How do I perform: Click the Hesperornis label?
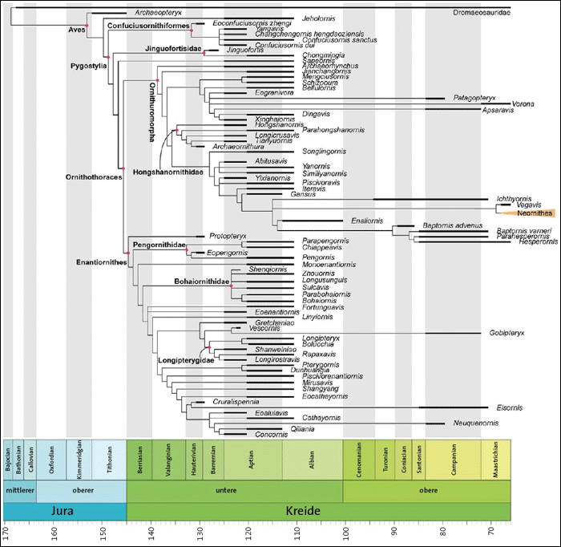point(528,241)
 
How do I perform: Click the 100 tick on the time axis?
point(345,532)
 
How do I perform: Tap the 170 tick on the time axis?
point(6,532)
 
